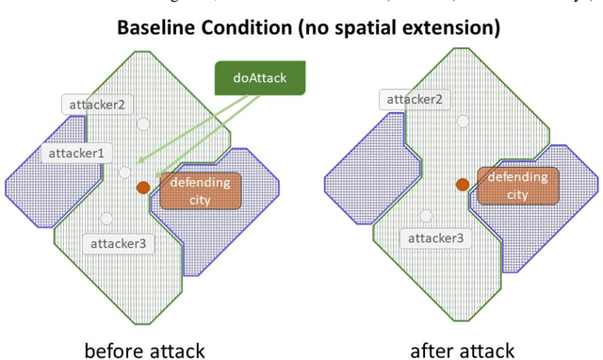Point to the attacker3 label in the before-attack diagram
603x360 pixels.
click(x=118, y=244)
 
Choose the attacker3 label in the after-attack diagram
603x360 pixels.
click(x=434, y=238)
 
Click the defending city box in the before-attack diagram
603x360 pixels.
click(x=200, y=189)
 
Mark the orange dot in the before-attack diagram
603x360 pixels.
click(x=143, y=188)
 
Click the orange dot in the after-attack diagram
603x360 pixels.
click(x=463, y=185)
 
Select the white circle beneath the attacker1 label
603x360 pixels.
click(x=124, y=172)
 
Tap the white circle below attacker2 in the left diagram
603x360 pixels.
click(x=142, y=123)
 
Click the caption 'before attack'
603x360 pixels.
click(x=144, y=351)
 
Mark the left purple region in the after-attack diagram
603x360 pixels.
click(x=371, y=172)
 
